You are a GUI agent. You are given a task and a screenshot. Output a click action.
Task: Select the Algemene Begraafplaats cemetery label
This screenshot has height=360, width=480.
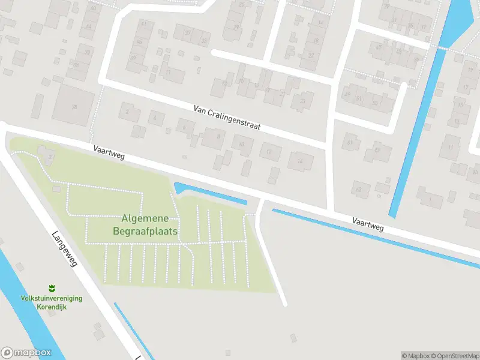145,224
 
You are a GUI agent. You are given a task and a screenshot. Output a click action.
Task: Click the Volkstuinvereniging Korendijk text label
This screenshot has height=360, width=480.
52,302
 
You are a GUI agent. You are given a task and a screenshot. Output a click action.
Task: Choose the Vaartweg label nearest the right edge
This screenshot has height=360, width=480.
368,224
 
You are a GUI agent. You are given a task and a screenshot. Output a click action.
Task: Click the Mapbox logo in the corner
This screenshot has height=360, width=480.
26,353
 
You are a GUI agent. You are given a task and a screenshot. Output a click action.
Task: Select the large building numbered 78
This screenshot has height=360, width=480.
74,106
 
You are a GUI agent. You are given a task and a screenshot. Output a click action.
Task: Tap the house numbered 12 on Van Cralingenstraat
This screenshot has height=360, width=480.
269,152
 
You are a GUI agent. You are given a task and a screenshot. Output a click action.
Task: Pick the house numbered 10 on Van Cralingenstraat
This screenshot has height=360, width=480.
242,145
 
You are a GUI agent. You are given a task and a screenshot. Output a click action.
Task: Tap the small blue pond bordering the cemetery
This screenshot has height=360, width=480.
210,194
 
